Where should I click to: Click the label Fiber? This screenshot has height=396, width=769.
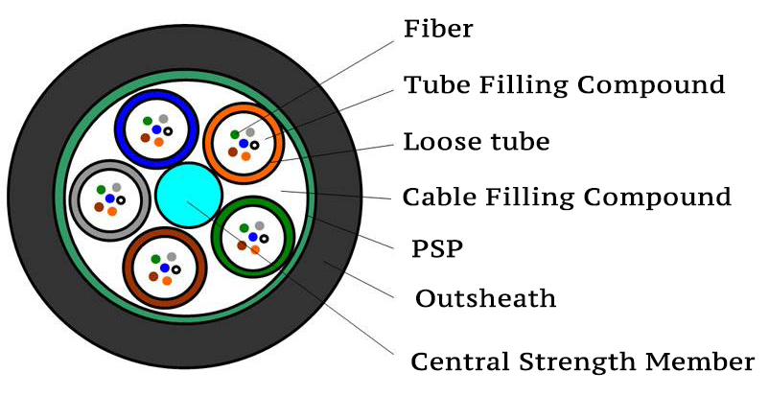click(438, 29)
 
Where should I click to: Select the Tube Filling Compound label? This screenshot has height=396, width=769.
click(564, 84)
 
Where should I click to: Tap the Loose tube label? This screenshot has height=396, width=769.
click(476, 142)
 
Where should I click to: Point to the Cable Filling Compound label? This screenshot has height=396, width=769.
click(566, 198)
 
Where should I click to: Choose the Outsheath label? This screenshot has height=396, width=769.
click(485, 298)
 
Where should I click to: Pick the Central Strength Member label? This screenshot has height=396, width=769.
click(582, 361)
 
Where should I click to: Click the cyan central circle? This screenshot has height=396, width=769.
click(189, 195)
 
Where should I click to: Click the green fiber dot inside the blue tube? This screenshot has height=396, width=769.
click(147, 122)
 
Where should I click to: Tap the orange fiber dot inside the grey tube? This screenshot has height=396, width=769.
click(112, 211)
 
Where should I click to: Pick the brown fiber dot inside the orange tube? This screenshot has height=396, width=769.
click(232, 151)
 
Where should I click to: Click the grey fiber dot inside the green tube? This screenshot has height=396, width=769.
click(259, 225)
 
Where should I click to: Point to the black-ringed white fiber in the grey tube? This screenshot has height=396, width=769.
click(121, 199)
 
